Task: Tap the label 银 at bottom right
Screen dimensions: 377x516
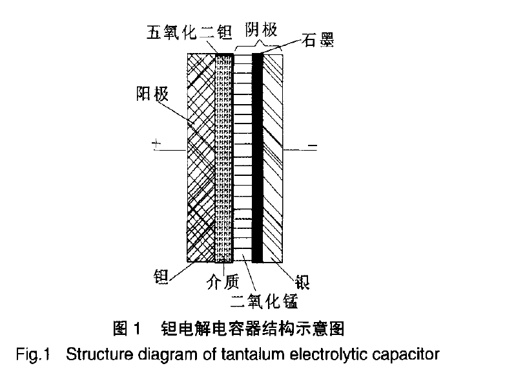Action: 302,282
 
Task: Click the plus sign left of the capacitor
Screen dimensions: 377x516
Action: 156,145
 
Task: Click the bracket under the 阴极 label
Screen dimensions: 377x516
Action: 258,47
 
